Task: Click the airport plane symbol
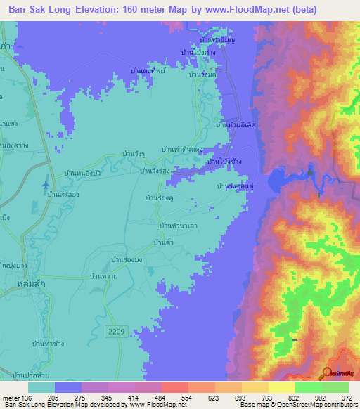point(46,184)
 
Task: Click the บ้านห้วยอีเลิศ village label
point(235,124)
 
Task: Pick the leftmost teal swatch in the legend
point(41,387)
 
